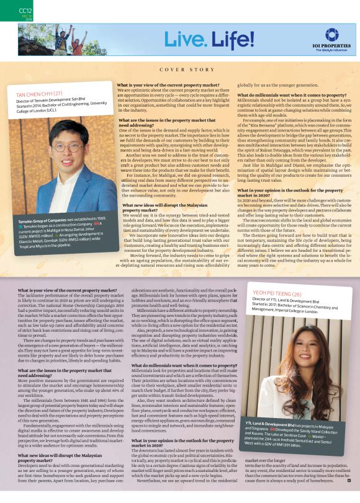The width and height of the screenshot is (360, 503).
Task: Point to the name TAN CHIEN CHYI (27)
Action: (x=41, y=94)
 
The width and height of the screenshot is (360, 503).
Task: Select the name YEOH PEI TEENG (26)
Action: (x=275, y=293)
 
